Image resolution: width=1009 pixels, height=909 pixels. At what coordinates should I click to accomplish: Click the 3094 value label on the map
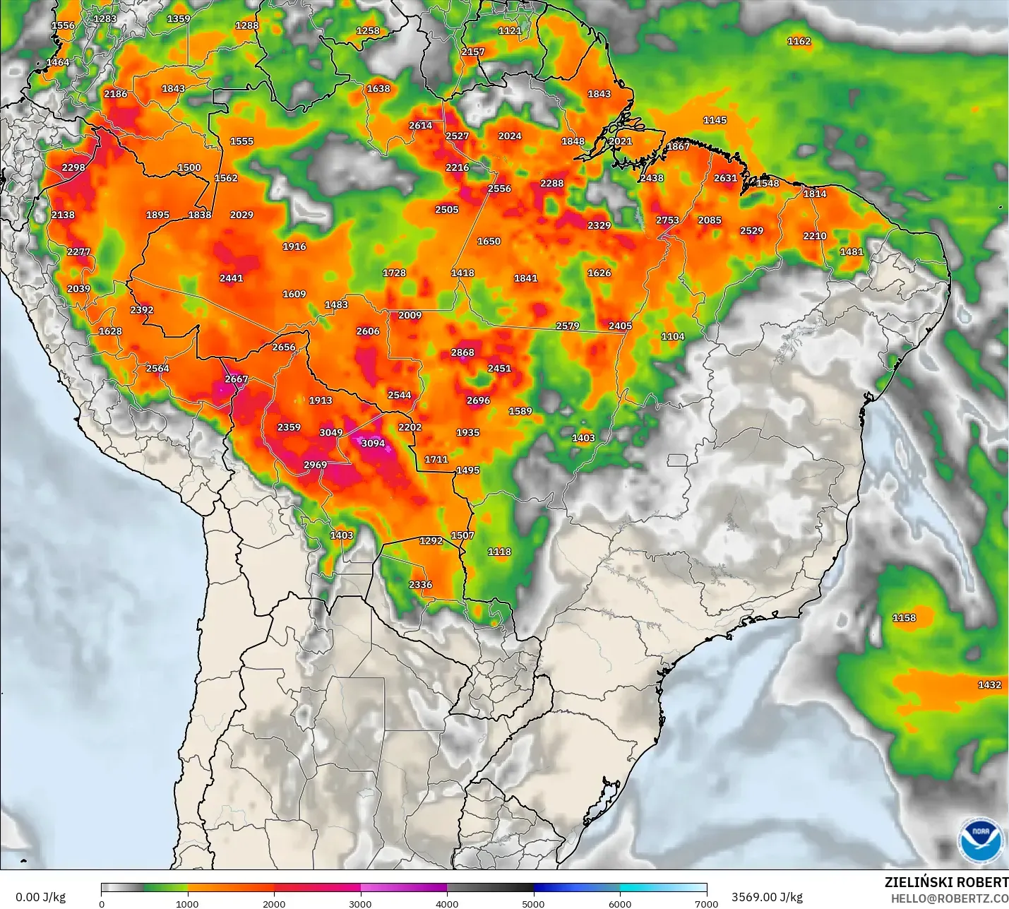pyautogui.click(x=373, y=444)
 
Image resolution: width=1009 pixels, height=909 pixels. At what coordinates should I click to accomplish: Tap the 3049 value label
pyautogui.click(x=331, y=432)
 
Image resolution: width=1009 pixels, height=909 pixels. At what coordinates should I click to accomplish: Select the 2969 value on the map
pyautogui.click(x=316, y=465)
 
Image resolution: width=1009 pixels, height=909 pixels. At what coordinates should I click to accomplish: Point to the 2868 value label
pyautogui.click(x=462, y=352)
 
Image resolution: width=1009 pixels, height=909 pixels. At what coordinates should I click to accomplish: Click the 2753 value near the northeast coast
pyautogui.click(x=667, y=220)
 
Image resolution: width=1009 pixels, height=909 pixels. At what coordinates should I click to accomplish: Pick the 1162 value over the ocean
pyautogui.click(x=799, y=41)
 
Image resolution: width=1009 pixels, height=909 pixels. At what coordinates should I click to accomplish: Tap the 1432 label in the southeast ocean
pyautogui.click(x=989, y=684)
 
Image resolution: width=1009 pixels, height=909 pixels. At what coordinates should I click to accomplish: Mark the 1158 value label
pyautogui.click(x=904, y=618)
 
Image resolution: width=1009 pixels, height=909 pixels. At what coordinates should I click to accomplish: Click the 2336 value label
pyautogui.click(x=420, y=585)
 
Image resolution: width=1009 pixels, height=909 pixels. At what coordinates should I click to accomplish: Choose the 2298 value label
pyautogui.click(x=73, y=167)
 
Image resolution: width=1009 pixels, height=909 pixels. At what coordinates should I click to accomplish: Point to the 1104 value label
pyautogui.click(x=673, y=337)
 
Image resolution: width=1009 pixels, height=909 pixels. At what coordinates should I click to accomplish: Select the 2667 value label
pyautogui.click(x=237, y=379)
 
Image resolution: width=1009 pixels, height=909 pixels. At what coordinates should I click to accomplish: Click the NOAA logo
pyautogui.click(x=981, y=840)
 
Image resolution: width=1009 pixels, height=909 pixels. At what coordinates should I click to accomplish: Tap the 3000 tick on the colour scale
pyautogui.click(x=360, y=903)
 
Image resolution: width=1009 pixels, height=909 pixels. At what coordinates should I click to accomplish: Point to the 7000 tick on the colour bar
pyautogui.click(x=706, y=903)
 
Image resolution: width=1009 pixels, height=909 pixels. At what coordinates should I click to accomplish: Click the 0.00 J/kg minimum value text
pyautogui.click(x=40, y=897)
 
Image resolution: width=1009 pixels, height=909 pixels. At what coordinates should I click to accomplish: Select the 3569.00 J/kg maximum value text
pyautogui.click(x=767, y=897)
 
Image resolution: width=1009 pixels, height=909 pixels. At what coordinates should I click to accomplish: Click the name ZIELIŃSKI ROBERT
pyautogui.click(x=946, y=882)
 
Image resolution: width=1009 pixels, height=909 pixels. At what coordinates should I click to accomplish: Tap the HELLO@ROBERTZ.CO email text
pyautogui.click(x=949, y=898)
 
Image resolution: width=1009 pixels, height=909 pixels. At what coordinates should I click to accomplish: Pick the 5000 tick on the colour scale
pyautogui.click(x=533, y=903)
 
